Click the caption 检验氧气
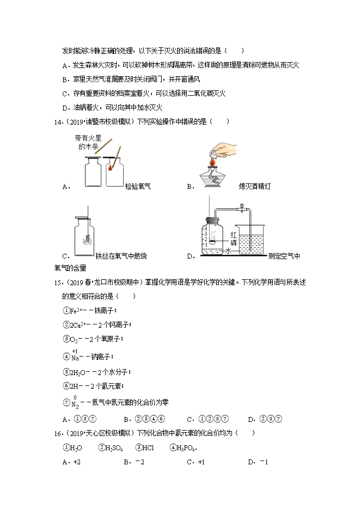pyautogui.click(x=138, y=186)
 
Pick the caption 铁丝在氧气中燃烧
pyautogui.click(x=121, y=256)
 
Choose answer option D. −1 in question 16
pyautogui.click(x=258, y=462)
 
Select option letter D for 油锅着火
pyautogui.click(x=65, y=107)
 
